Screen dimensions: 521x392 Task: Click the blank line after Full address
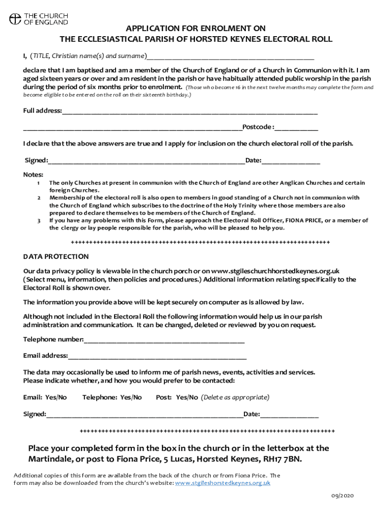coord(189,111)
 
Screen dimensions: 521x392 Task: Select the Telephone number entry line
coord(164,340)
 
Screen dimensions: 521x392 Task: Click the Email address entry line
coord(157,356)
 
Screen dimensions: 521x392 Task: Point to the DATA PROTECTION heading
coord(56,256)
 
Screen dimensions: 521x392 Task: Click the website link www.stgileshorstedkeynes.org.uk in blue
coord(222,483)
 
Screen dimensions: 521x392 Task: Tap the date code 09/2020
coord(342,496)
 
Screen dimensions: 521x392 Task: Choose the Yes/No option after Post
coord(187,397)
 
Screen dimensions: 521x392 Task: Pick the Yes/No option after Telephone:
coord(131,397)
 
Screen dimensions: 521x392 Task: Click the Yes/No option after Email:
coord(56,397)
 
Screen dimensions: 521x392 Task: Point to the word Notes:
coord(34,175)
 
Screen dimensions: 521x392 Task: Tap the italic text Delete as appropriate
coord(235,397)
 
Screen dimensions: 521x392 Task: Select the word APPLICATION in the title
coord(153,28)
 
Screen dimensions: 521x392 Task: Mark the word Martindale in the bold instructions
coord(50,459)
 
